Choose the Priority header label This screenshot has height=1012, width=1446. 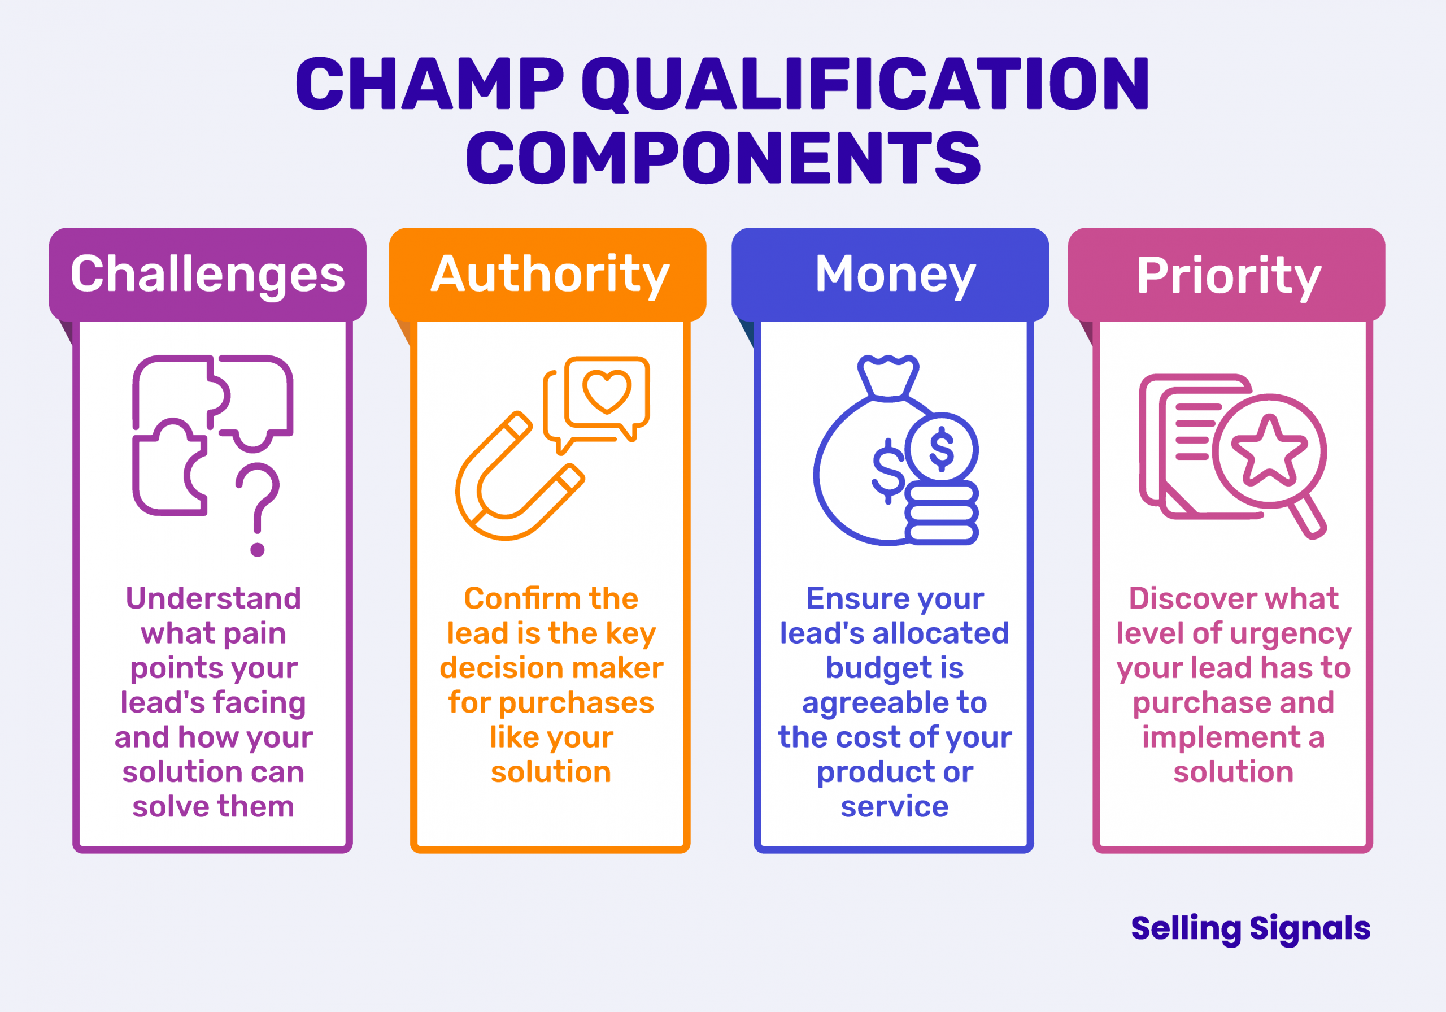point(1229,276)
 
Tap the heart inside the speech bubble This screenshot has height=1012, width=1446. point(607,390)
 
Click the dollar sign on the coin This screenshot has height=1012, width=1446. point(942,449)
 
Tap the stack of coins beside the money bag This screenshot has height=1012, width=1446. point(942,513)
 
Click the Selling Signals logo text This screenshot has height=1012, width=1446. point(1251,928)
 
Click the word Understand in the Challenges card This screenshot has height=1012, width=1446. point(214,598)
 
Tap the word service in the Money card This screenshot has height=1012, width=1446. point(894,806)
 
